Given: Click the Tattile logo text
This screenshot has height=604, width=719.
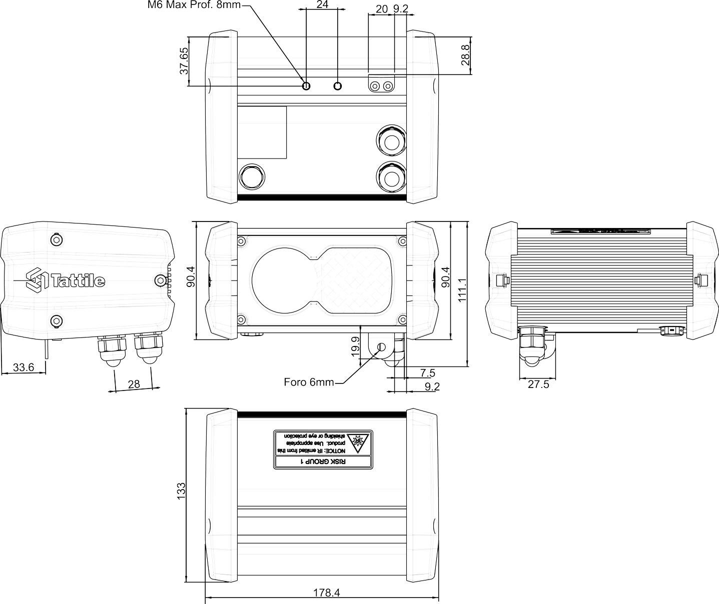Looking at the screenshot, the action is pyautogui.click(x=78, y=280).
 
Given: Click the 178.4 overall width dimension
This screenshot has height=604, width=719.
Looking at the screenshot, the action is pyautogui.click(x=326, y=592).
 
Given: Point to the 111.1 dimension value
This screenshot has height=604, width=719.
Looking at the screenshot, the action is pyautogui.click(x=462, y=290).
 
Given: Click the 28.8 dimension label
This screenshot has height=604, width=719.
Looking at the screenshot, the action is pyautogui.click(x=465, y=54).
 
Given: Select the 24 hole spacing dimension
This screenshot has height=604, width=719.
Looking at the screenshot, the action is pyautogui.click(x=322, y=4).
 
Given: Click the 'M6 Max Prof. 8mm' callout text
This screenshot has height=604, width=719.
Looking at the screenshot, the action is pyautogui.click(x=194, y=5).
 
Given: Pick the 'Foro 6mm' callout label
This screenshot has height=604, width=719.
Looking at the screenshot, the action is pyautogui.click(x=309, y=382).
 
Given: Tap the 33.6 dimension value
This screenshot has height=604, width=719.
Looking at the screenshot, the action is pyautogui.click(x=24, y=367).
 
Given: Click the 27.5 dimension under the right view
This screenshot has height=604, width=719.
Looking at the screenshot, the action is pyautogui.click(x=538, y=384).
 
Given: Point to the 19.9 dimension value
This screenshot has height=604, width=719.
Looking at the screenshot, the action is pyautogui.click(x=355, y=346).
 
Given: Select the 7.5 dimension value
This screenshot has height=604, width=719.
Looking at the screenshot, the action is pyautogui.click(x=428, y=372).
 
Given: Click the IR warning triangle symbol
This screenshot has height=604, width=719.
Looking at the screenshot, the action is pyautogui.click(x=358, y=442).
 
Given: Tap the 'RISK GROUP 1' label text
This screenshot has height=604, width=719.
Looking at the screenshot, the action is pyautogui.click(x=323, y=461).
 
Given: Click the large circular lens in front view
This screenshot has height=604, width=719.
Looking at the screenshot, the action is pyautogui.click(x=285, y=281).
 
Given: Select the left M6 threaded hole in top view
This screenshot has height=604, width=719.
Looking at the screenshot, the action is pyautogui.click(x=306, y=85).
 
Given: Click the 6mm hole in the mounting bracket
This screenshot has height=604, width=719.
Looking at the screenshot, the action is pyautogui.click(x=382, y=347).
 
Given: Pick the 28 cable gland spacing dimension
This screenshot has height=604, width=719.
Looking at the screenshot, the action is pyautogui.click(x=134, y=384).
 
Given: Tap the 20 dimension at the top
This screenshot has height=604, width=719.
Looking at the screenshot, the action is pyautogui.click(x=382, y=9).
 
